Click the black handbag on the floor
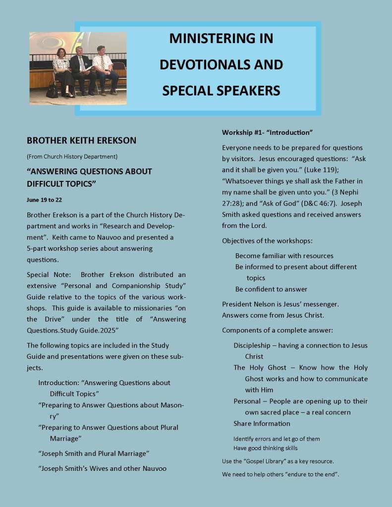(52, 91)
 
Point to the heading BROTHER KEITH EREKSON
(81, 141)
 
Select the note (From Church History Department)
(72, 157)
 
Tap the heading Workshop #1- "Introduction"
(267, 133)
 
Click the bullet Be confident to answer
(271, 289)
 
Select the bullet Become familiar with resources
(284, 256)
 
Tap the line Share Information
(262, 423)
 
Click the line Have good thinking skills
(266, 448)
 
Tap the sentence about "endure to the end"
(280, 474)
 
